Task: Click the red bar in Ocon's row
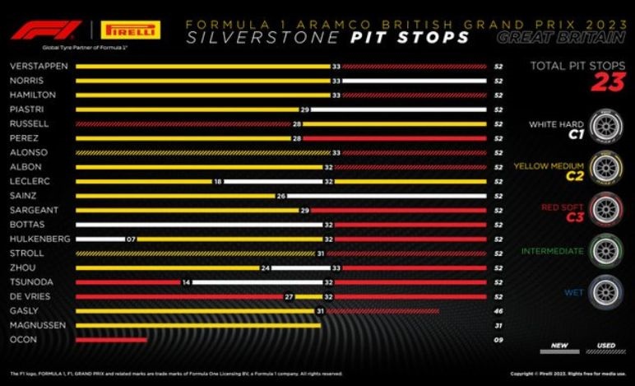coord(111,338)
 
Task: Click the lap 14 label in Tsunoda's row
coord(187,281)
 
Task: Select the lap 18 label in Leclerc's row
coord(218,181)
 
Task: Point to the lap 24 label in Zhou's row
coord(266,267)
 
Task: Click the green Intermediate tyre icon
coord(606,250)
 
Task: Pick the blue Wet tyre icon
coord(606,291)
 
